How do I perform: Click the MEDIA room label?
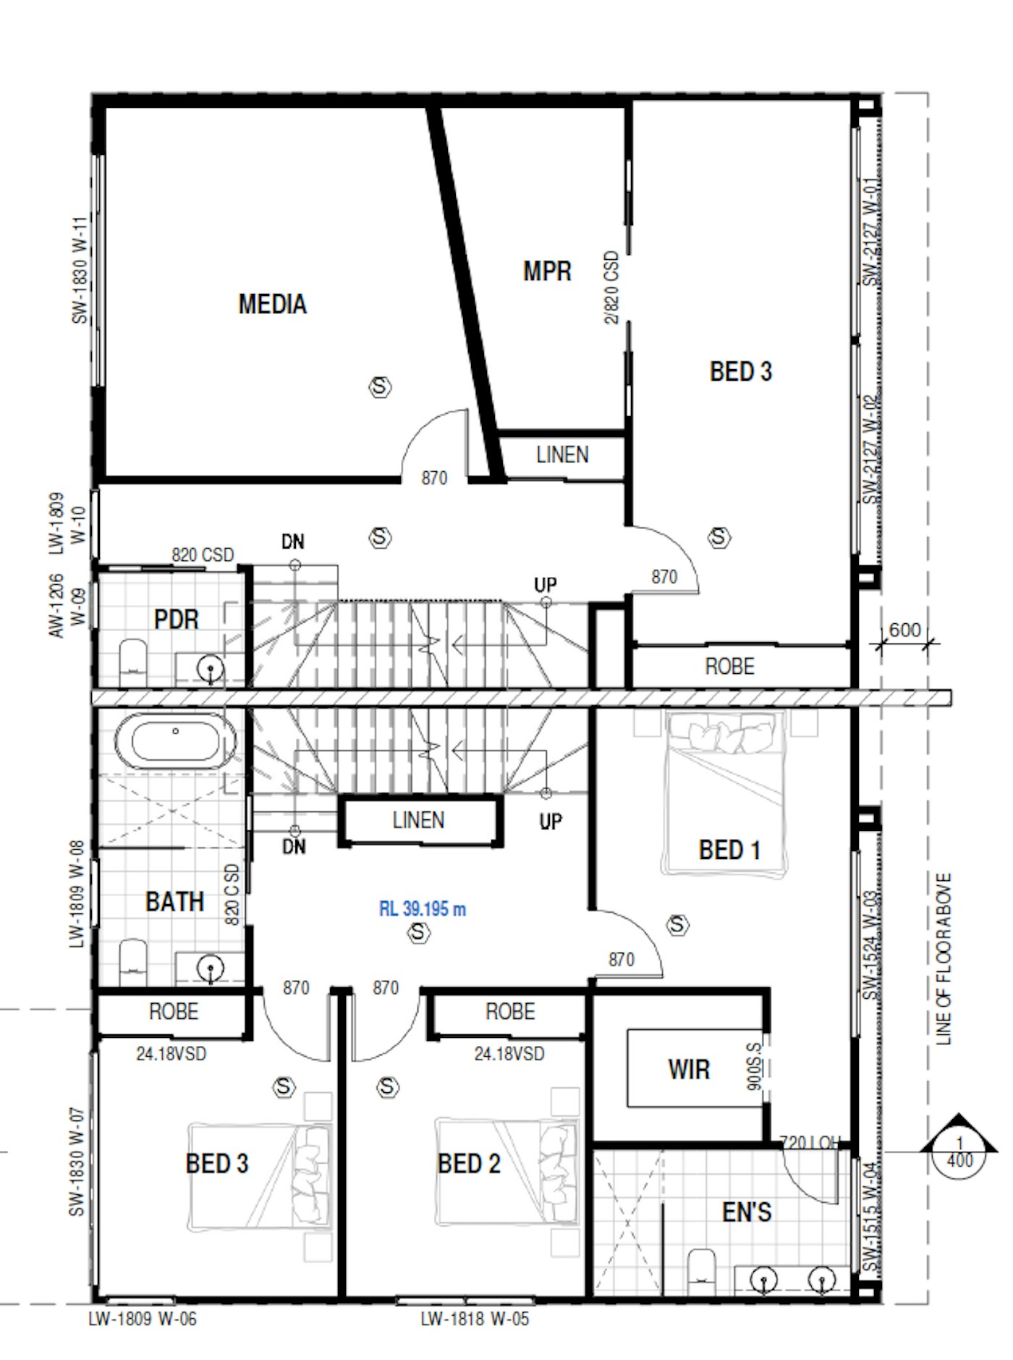(272, 304)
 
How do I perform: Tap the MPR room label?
(547, 271)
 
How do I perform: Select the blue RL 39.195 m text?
(423, 908)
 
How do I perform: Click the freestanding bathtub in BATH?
(175, 742)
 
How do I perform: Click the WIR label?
(688, 1069)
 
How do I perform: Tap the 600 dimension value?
(904, 630)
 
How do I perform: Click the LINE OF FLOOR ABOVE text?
(944, 959)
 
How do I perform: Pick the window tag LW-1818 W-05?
(475, 1319)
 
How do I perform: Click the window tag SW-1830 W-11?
(80, 269)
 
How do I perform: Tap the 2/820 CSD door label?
(612, 287)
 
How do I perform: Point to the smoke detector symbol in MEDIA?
(380, 387)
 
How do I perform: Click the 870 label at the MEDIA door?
(434, 478)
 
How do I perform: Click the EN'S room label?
(746, 1212)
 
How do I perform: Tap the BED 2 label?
(469, 1164)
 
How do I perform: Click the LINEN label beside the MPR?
(562, 455)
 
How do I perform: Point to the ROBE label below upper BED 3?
(729, 666)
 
